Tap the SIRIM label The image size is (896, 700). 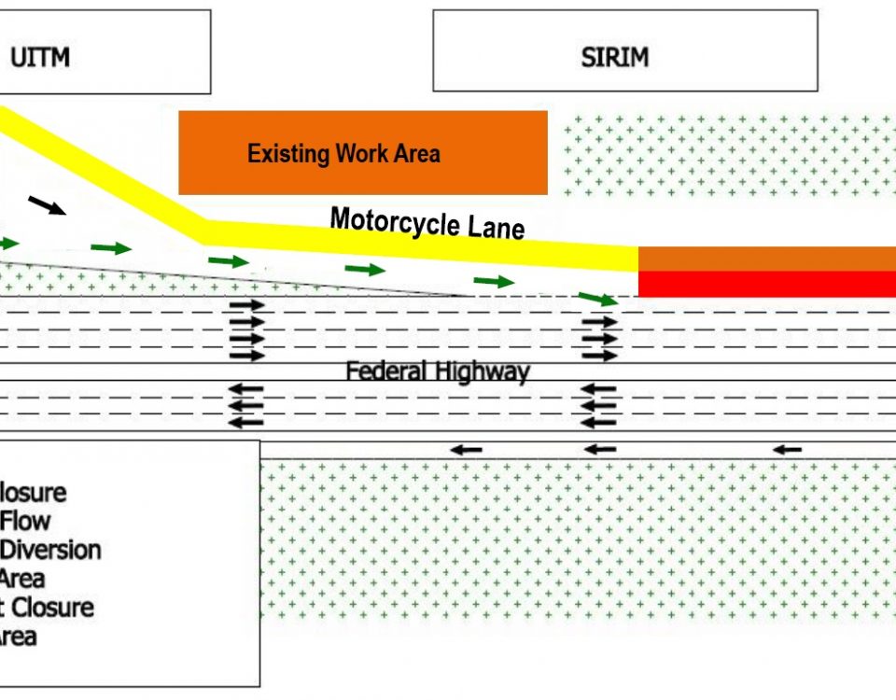(614, 57)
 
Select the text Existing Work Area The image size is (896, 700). (343, 154)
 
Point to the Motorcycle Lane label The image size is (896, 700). (427, 223)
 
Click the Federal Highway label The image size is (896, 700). (437, 371)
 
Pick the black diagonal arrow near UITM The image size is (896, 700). (48, 205)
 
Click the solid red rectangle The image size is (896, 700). (766, 284)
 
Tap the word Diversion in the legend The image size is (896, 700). (51, 550)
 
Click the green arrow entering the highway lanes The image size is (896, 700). (597, 299)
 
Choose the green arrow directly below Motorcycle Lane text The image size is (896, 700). (365, 270)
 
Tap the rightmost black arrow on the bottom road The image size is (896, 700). (787, 450)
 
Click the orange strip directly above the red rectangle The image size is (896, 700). (766, 259)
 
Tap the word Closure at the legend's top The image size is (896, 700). (33, 492)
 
